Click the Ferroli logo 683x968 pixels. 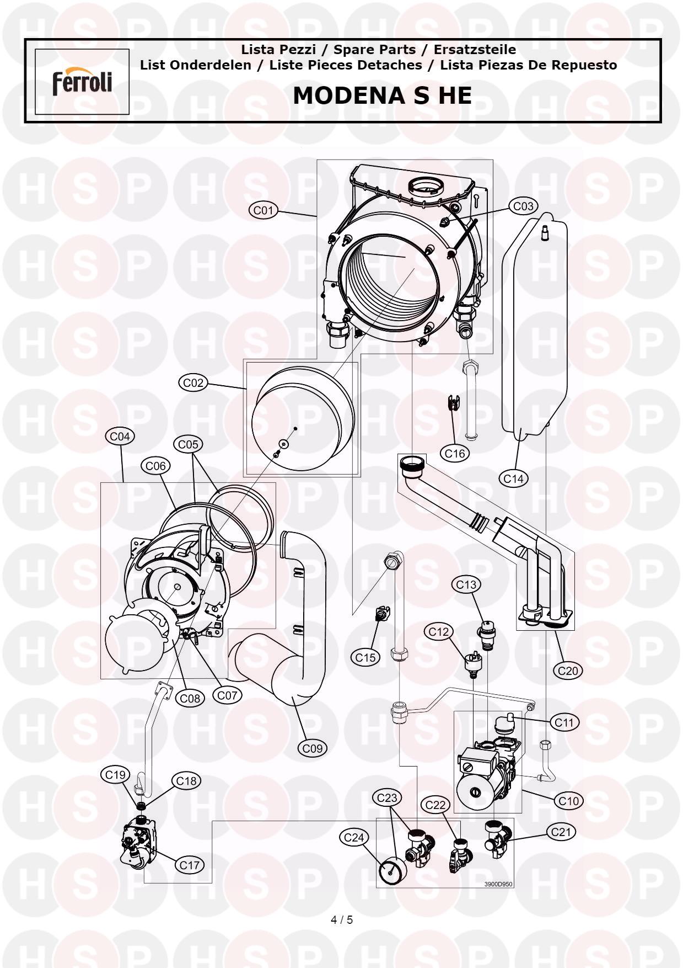(x=82, y=82)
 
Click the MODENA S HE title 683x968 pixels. (x=382, y=95)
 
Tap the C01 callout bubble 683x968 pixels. (x=263, y=210)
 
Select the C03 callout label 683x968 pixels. (x=523, y=206)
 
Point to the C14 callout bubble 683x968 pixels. (x=514, y=478)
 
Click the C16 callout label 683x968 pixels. (x=455, y=453)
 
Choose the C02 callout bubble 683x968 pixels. (x=193, y=383)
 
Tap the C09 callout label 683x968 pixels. (x=313, y=748)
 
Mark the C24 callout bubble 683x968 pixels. (x=353, y=837)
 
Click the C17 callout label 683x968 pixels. (x=190, y=865)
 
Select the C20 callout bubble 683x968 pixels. (x=567, y=671)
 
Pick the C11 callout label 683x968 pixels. (x=564, y=722)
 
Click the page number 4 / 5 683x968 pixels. (x=341, y=919)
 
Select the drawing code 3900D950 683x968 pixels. (x=498, y=884)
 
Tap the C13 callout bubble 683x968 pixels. (x=466, y=584)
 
